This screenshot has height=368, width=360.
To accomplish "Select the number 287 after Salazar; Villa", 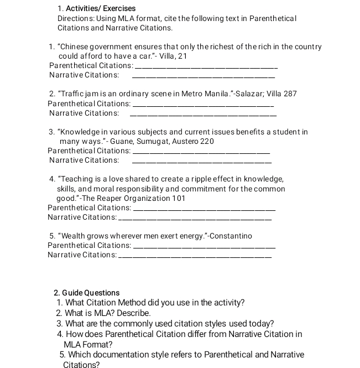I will pyautogui.click(x=290, y=94).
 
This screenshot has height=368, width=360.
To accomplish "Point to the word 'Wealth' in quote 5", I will pyautogui.click(x=74, y=236).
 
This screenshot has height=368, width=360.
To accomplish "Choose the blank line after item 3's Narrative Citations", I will pyautogui.click(x=202, y=162).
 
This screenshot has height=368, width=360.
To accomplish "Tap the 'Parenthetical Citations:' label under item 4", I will pyautogui.click(x=90, y=208).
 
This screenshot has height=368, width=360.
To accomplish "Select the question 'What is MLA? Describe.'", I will pyautogui.click(x=103, y=313).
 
